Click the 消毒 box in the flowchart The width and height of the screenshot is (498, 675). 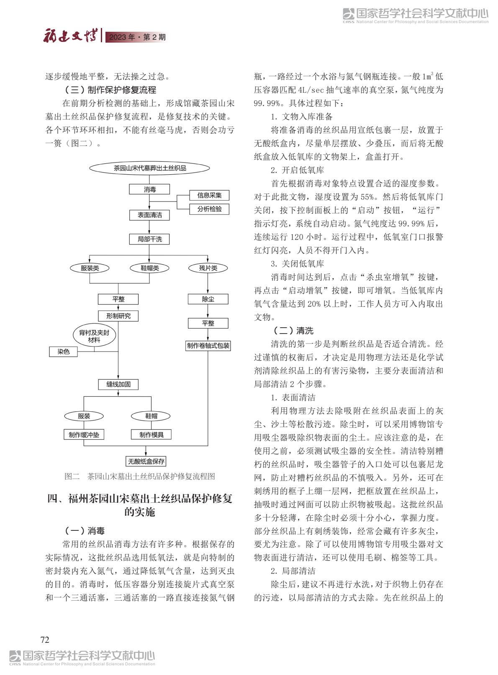tap(149, 189)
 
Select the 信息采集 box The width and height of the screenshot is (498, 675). tap(209, 195)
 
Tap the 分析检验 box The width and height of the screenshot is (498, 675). tap(209, 209)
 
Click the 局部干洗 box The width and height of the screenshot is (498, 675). tap(149, 239)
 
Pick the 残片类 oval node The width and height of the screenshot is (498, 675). tap(208, 268)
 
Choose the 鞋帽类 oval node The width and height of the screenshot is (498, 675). tap(149, 268)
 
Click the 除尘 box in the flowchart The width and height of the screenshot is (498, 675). tap(208, 299)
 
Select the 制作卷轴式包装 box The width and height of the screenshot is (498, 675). tap(208, 346)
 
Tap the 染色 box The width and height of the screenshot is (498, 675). tap(64, 352)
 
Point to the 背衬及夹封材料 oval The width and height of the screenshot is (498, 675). tap(94, 336)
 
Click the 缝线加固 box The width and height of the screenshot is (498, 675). tap(118, 384)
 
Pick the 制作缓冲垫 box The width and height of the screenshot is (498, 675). tap(84, 435)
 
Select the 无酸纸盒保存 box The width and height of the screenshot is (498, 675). tap(146, 461)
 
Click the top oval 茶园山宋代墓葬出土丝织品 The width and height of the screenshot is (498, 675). tap(149, 168)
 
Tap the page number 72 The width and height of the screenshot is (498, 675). tap(45, 640)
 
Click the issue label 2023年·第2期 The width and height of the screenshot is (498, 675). tap(137, 37)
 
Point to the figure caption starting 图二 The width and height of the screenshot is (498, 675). tap(139, 476)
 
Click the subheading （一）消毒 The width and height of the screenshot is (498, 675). tap(85, 531)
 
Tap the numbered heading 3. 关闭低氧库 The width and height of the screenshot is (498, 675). tap(297, 264)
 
